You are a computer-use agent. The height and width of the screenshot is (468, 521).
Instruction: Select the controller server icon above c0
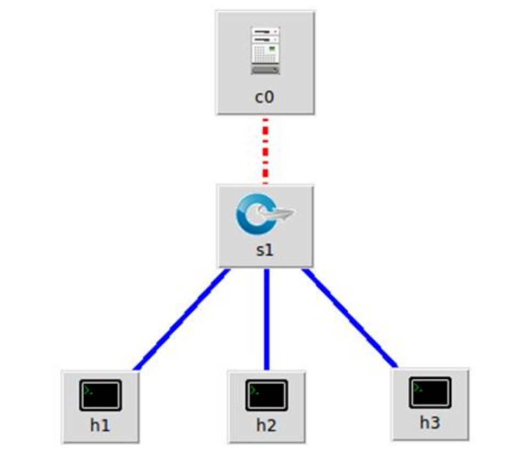click(x=265, y=51)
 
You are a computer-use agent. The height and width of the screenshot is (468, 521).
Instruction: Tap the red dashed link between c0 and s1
click(x=265, y=150)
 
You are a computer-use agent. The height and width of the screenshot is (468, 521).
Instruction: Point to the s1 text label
click(x=265, y=250)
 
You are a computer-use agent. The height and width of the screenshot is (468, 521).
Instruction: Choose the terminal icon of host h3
click(x=430, y=392)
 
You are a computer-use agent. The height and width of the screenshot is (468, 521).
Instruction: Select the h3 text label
click(x=430, y=423)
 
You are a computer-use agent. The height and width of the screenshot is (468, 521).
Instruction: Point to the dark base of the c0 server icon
click(x=265, y=70)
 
